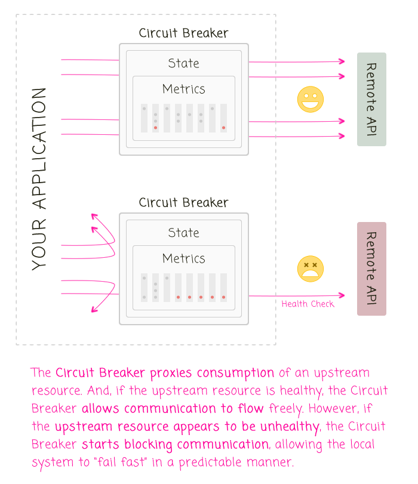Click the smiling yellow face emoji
tap(311, 100)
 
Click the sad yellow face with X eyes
tap(311, 269)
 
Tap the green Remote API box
tap(371, 99)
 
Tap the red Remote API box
tap(371, 269)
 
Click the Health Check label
tap(308, 304)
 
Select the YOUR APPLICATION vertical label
tap(39, 178)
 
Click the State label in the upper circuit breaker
tap(183, 63)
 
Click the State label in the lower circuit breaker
tap(183, 233)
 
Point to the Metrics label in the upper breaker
tap(183, 89)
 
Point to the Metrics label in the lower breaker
tap(183, 258)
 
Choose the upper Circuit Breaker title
tap(183, 33)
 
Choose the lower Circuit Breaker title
tap(183, 203)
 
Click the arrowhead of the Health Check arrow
tap(342, 295)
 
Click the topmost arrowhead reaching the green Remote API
tap(342, 61)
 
